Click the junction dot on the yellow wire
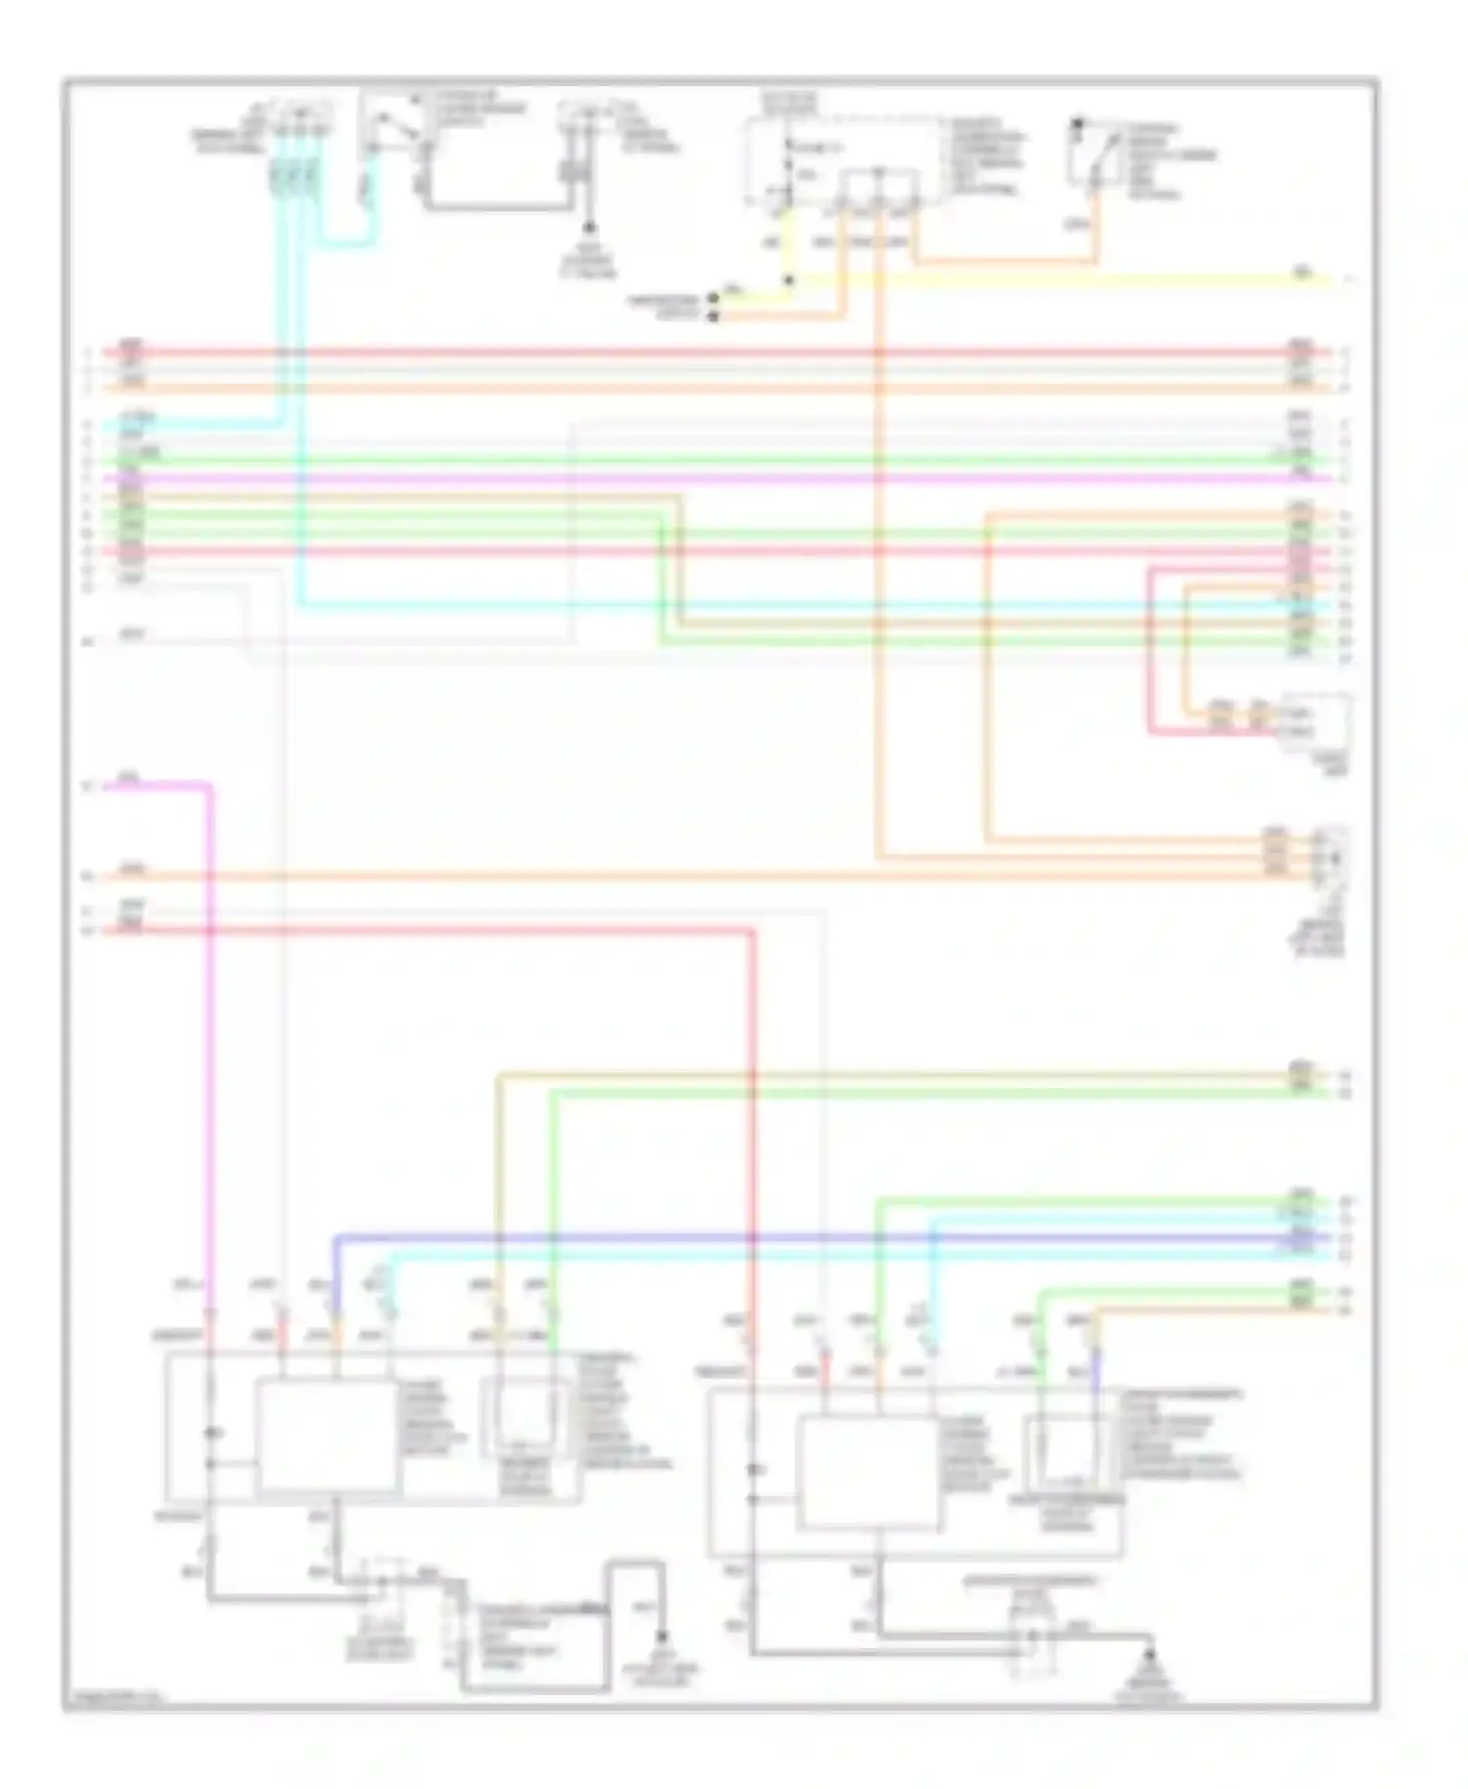click(789, 280)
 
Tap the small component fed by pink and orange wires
click(1314, 722)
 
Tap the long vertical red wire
click(753, 1125)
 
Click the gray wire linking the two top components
click(499, 206)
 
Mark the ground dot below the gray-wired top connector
click(589, 227)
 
